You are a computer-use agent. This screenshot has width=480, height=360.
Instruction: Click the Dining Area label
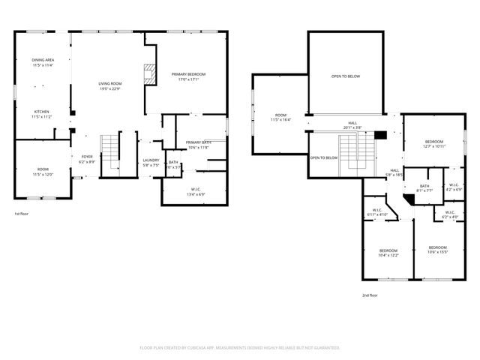[42, 60]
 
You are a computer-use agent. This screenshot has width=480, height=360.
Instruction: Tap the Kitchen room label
[40, 112]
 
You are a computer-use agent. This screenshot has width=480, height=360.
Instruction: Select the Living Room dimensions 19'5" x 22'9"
[109, 88]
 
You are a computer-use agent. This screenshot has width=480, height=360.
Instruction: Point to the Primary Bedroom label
[187, 74]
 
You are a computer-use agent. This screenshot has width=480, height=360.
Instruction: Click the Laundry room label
[151, 160]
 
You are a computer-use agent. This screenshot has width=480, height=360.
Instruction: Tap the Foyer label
[87, 157]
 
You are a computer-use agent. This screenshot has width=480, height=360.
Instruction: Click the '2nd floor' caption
[370, 295]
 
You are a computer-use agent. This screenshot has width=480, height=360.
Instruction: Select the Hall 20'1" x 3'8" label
[352, 125]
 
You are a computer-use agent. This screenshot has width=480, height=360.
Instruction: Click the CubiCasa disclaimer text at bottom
[240, 348]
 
